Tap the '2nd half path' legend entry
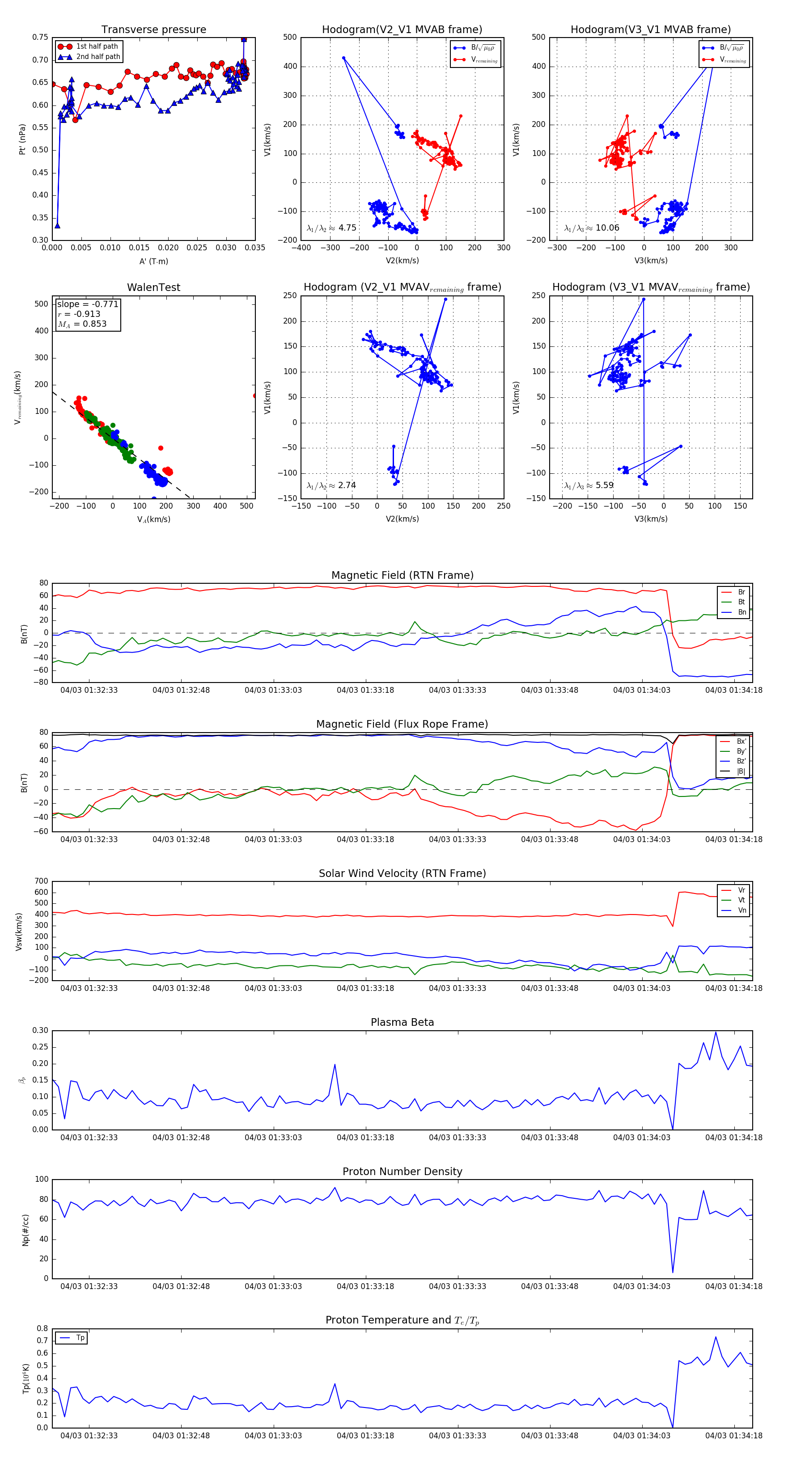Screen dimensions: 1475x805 click(x=98, y=57)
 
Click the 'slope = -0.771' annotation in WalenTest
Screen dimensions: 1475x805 click(x=88, y=304)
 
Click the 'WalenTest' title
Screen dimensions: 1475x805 click(x=153, y=287)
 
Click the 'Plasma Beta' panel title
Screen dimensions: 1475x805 click(x=402, y=1023)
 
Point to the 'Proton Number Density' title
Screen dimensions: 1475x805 click(x=402, y=1172)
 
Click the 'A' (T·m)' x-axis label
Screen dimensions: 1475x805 click(x=153, y=261)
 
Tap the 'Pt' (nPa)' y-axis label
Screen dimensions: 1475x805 click(x=22, y=139)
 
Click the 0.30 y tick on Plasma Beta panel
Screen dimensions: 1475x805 click(x=40, y=1031)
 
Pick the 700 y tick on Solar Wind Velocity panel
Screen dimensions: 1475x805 click(x=41, y=881)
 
